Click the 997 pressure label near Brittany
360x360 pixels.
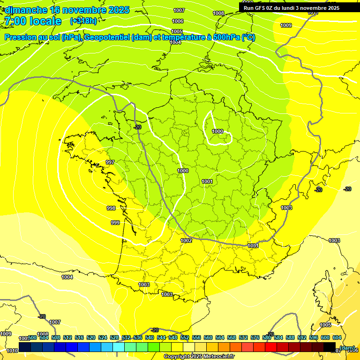110,162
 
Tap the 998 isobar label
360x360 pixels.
111,208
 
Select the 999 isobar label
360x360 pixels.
115,223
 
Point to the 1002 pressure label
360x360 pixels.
186,240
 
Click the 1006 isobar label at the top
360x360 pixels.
178,21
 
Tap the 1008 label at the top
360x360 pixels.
218,14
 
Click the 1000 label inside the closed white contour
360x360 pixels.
217,131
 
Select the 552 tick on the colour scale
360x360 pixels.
185,338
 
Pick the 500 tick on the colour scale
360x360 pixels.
32,338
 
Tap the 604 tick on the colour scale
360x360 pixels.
337,338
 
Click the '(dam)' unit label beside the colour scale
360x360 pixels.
347,347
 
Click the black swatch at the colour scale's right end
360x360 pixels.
330,347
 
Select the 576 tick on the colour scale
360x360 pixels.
255,338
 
